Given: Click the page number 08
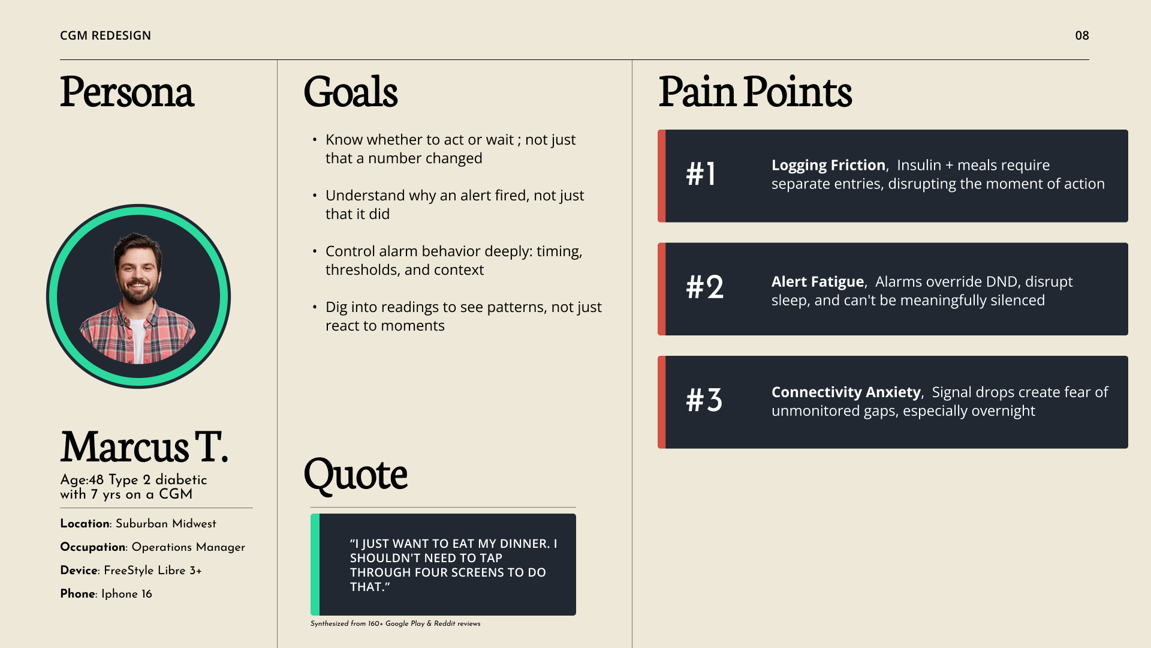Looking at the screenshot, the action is coord(1082,35).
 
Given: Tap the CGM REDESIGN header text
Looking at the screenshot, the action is coord(106,35).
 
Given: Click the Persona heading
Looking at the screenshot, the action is coord(127,92).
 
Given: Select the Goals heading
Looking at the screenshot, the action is coord(351,92).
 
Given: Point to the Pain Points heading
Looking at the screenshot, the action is coord(755,92).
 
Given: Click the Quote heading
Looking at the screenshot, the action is coord(355,474).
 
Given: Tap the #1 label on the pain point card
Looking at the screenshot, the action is coord(701,174).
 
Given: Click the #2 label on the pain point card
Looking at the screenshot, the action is coord(705,287).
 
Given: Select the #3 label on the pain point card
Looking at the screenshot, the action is coord(704,400).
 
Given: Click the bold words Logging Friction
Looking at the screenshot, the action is coord(828,165).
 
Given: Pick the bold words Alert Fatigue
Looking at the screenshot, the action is coord(818,281).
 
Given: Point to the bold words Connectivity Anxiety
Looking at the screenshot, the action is coord(846,392).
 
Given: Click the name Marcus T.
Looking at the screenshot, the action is coord(144,447).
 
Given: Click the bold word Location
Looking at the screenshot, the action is coord(85,523).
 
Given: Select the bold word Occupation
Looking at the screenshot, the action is coord(93,547).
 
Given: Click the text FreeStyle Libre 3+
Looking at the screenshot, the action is coord(153,570).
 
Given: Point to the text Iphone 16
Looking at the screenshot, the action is coord(126,593).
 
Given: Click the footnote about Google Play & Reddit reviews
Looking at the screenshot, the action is coord(396,623).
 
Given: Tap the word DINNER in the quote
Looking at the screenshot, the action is coord(523,544).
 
